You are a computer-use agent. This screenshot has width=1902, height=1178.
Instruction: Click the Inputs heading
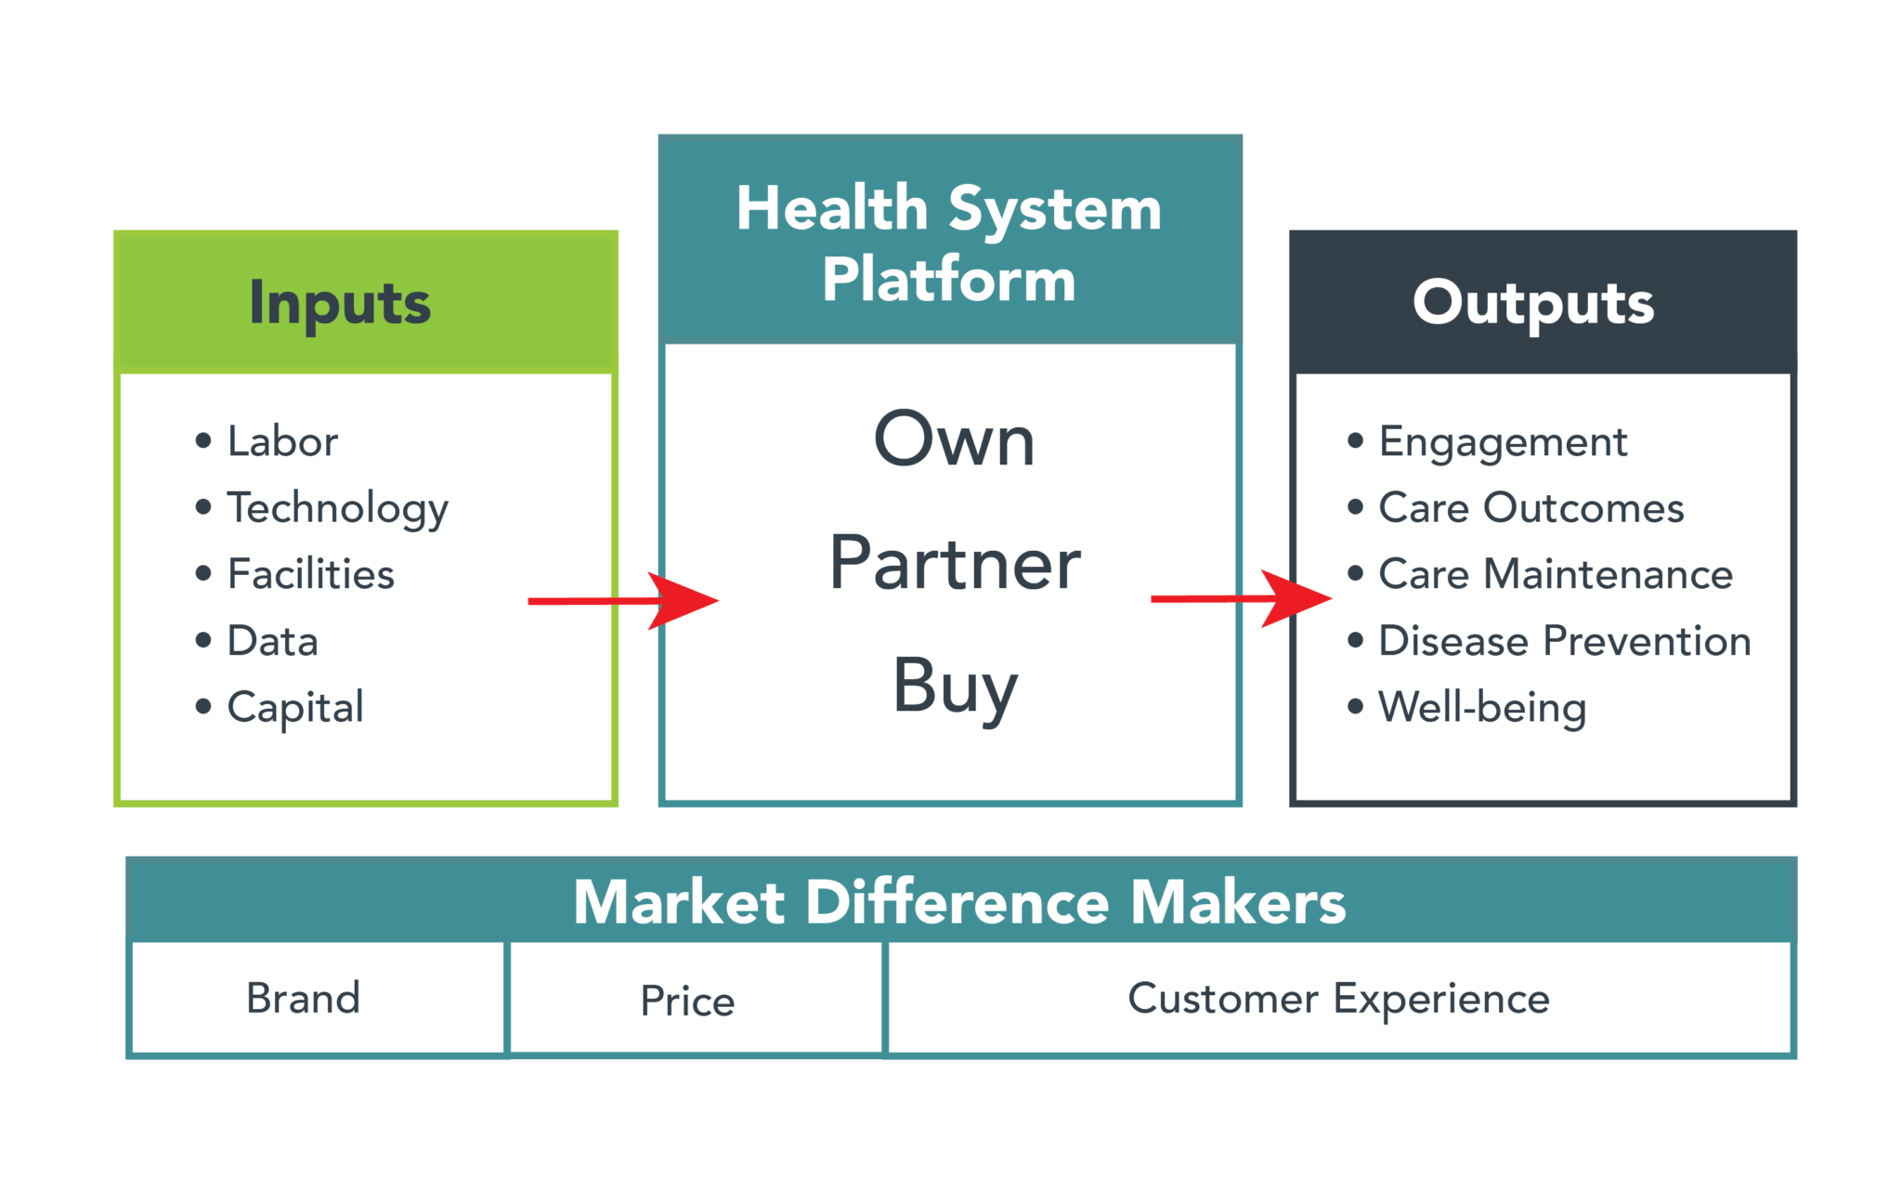tap(340, 303)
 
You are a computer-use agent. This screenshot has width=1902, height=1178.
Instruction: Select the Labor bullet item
tap(282, 441)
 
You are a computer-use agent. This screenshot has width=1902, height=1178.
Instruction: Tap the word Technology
tap(337, 508)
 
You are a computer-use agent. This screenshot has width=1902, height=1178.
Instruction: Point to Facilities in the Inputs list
tap(310, 574)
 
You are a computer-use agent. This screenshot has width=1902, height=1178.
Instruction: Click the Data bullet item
tap(272, 641)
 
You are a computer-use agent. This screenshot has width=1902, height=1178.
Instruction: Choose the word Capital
tap(295, 708)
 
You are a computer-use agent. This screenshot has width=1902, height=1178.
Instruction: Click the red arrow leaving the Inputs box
tap(622, 601)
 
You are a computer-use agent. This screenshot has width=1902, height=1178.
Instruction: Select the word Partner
tap(954, 563)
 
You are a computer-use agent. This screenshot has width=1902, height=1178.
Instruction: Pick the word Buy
tap(954, 687)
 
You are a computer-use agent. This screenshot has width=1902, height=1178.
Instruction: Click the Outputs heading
tap(1532, 303)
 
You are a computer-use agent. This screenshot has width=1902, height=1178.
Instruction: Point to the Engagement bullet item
tap(1503, 442)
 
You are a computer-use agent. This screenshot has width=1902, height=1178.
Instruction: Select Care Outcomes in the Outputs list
tap(1531, 508)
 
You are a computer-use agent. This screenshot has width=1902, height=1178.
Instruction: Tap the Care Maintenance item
tap(1556, 574)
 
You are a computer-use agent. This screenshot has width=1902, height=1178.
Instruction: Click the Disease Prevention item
tap(1564, 641)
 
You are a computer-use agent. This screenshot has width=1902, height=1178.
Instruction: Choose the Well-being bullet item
tap(1482, 708)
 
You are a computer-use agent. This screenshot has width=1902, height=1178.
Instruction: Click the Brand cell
tap(303, 999)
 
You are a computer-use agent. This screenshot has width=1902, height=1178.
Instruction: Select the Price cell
tap(687, 1001)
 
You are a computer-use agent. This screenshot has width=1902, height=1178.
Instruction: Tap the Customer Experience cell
tap(1338, 999)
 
